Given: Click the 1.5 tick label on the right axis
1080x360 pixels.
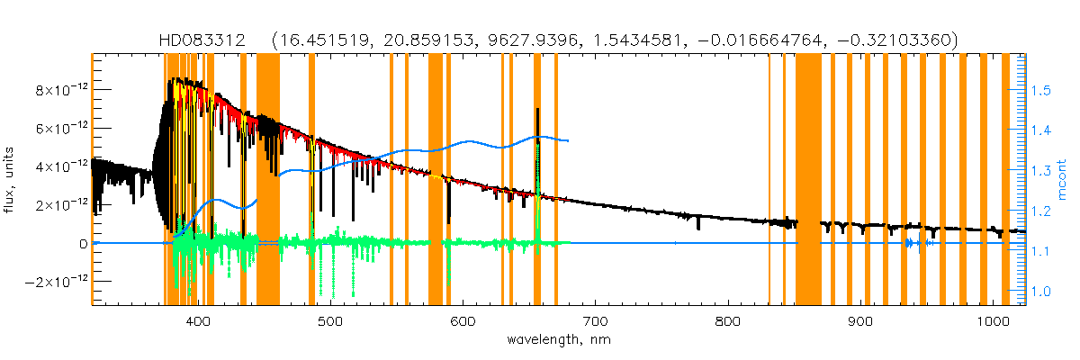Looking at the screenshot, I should [1041, 91].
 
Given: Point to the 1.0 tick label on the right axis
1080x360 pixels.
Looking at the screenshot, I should [1041, 291].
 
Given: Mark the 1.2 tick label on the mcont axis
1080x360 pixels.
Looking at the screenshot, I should [1041, 211].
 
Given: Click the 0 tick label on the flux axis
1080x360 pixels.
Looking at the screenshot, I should [83, 244].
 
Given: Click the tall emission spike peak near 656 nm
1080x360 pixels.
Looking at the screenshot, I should [537, 110].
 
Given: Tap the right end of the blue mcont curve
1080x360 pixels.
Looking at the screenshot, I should [569, 140].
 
